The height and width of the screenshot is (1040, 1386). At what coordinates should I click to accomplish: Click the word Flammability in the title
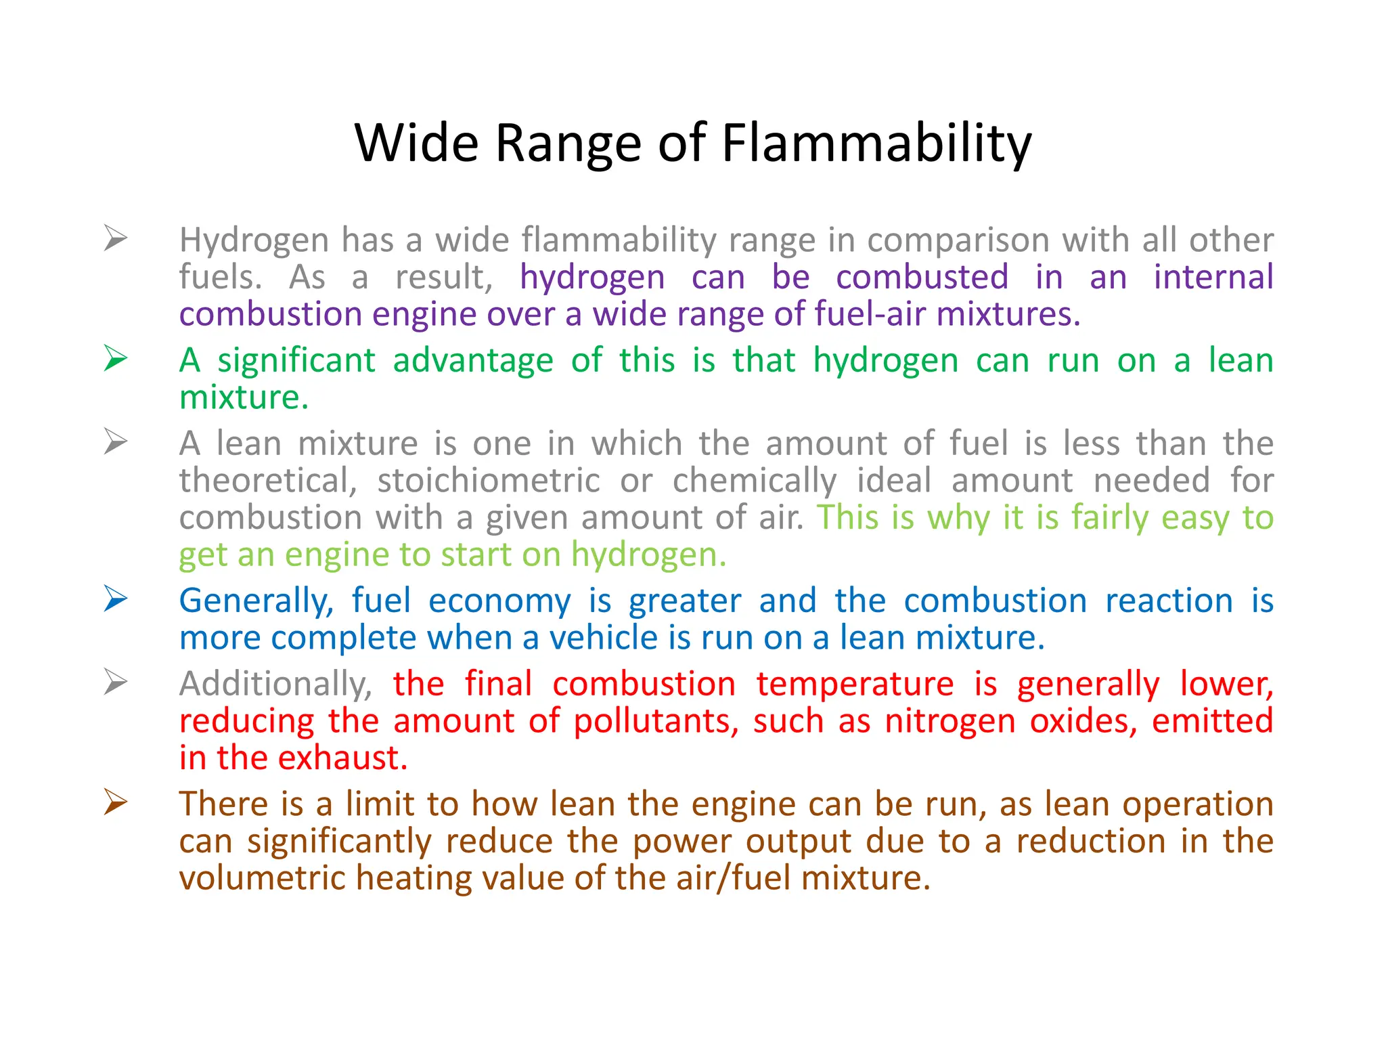(876, 144)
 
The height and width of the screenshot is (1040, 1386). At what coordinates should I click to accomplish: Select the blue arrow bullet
(116, 599)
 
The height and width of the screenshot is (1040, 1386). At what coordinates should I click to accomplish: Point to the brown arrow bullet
(116, 802)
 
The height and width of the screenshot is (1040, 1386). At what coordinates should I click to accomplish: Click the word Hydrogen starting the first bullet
(254, 240)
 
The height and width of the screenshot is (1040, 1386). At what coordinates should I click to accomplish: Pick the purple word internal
(1213, 277)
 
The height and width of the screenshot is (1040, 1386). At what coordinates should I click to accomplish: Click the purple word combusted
(922, 277)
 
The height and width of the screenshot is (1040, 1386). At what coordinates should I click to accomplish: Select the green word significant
(296, 360)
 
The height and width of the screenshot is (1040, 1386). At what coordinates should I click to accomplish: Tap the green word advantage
(473, 360)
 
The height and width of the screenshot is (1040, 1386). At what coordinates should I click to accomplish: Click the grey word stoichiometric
(489, 481)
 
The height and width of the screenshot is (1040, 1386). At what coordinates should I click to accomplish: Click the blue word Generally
(256, 601)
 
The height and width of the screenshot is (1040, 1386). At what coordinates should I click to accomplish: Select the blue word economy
(499, 601)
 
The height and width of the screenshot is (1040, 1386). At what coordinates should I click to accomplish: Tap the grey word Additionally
(275, 684)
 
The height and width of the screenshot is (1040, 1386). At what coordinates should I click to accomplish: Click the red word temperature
(855, 684)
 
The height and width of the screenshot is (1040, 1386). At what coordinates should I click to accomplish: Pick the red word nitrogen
(949, 721)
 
